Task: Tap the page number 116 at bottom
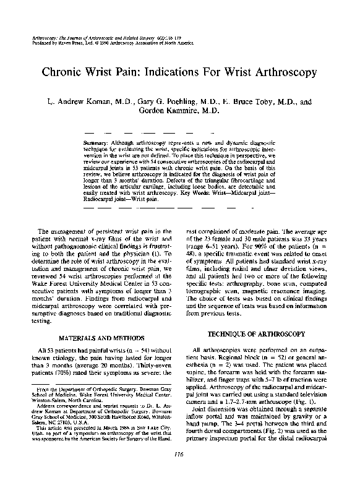click(180, 473)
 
